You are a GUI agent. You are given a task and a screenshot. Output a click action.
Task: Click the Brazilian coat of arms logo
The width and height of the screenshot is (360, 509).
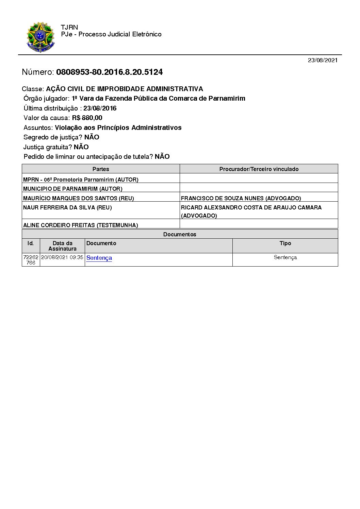(x=40, y=37)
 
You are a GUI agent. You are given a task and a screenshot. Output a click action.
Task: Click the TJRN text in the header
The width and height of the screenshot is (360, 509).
(x=69, y=27)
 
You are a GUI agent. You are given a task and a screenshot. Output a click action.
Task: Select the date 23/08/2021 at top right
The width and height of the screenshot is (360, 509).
(x=323, y=60)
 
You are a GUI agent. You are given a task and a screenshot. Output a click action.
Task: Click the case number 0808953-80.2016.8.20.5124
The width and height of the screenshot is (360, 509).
(x=109, y=72)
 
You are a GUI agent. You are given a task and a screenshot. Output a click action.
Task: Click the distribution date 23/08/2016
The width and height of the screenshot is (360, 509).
(x=100, y=108)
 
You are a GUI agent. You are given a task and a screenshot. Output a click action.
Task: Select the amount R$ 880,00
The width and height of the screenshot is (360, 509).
(x=87, y=118)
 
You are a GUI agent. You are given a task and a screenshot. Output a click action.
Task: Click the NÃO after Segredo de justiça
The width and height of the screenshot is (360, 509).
(x=92, y=137)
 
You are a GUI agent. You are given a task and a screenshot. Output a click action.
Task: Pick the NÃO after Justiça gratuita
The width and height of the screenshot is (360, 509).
(x=81, y=147)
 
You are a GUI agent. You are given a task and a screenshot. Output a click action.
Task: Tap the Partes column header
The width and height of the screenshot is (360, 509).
(x=101, y=169)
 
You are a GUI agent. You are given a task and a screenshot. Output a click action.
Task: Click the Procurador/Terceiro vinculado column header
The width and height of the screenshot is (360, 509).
(x=259, y=169)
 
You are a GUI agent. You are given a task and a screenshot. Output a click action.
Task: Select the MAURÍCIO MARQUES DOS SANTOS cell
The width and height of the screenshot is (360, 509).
(x=78, y=198)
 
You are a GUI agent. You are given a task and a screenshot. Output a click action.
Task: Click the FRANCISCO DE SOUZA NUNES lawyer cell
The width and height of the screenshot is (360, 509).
(x=241, y=198)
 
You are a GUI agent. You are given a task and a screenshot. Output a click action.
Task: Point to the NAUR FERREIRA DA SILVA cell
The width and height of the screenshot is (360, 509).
(x=67, y=207)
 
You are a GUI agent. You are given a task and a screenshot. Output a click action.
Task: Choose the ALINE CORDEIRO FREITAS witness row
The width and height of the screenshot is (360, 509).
(x=80, y=225)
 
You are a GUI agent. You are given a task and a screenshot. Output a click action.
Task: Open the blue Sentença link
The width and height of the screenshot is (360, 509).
(x=99, y=258)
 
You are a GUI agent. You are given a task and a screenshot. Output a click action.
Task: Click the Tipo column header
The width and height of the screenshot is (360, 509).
(x=285, y=243)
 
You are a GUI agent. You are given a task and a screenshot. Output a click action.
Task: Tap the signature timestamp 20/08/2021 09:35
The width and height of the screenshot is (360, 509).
(x=62, y=257)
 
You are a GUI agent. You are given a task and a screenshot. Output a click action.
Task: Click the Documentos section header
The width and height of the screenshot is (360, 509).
(x=180, y=234)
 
